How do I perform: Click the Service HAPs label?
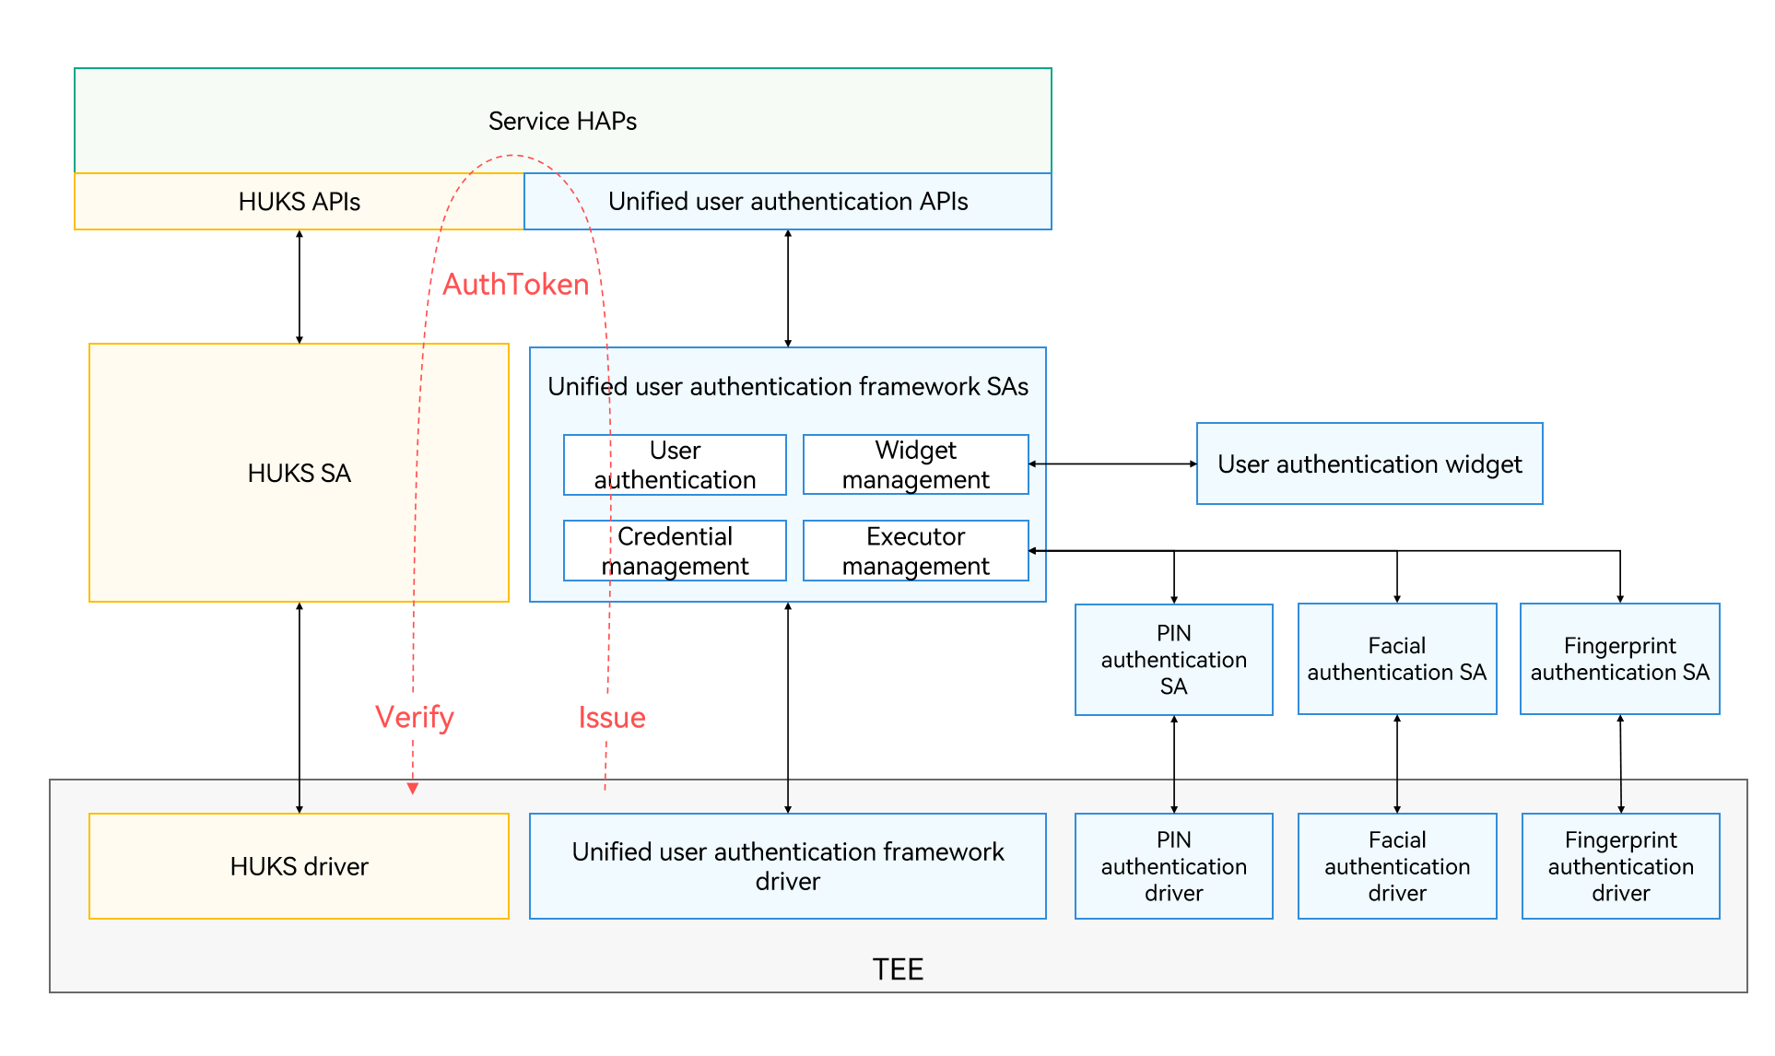[x=562, y=121]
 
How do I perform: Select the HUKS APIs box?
[x=299, y=202]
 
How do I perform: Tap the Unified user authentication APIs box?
[x=787, y=202]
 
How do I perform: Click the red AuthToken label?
[x=515, y=284]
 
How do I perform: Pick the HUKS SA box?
[x=299, y=473]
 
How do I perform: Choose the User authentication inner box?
[x=675, y=465]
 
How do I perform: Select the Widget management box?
[x=915, y=465]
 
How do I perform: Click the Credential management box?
[x=675, y=551]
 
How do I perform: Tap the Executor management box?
[x=915, y=551]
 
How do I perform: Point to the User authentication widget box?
[x=1369, y=463]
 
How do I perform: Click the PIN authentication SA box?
[x=1173, y=660]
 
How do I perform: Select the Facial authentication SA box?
[x=1396, y=659]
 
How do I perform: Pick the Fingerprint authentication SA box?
[x=1619, y=659]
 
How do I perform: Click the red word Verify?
[x=415, y=717]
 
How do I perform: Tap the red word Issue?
[x=612, y=717]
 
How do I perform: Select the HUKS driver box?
[x=299, y=866]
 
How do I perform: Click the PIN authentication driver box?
[x=1173, y=866]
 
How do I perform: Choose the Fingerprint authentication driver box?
[x=1620, y=866]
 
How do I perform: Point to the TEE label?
[x=898, y=969]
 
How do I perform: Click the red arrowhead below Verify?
[x=413, y=788]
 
